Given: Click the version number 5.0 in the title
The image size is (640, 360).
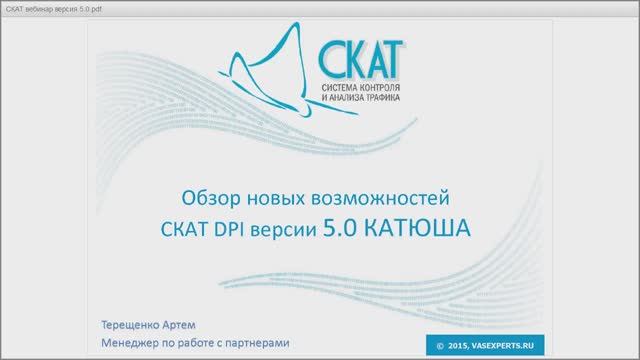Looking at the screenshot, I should [342, 228].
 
